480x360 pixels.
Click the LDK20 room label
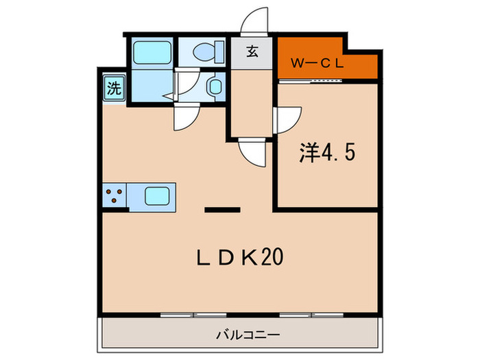click(x=240, y=257)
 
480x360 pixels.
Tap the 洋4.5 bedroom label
click(x=327, y=152)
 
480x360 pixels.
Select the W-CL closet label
click(x=317, y=63)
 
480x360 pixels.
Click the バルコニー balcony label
click(x=248, y=335)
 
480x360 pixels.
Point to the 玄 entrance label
click(x=252, y=51)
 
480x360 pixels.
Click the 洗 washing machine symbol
click(x=114, y=88)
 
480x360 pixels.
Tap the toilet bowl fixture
click(x=208, y=51)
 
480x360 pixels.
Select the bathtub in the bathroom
click(x=152, y=53)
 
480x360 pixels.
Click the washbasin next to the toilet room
click(x=215, y=86)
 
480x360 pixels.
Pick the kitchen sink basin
click(x=157, y=196)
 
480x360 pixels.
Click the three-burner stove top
click(x=114, y=196)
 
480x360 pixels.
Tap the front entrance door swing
click(x=254, y=21)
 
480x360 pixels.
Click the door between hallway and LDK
click(x=252, y=152)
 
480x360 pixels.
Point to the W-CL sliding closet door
click(x=311, y=81)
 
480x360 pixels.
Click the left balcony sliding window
click(x=193, y=315)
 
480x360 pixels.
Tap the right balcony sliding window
click(x=311, y=315)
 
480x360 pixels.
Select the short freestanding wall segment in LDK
click(x=222, y=210)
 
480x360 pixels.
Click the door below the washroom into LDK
click(x=187, y=117)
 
